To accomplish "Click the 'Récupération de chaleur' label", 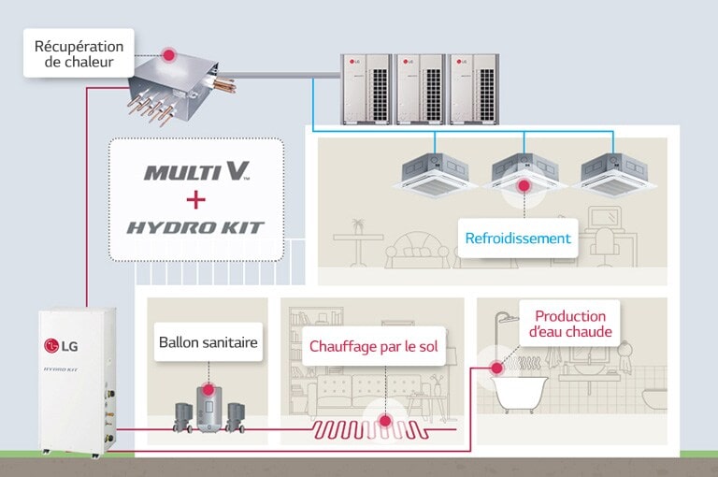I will tap(79, 53).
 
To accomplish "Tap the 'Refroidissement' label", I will tap(518, 238).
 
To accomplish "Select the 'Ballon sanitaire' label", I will tap(208, 342).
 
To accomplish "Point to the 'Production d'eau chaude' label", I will tap(570, 324).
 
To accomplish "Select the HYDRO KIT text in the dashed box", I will tap(195, 227).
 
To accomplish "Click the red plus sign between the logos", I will tap(195, 199).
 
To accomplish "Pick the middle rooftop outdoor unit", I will tap(420, 87).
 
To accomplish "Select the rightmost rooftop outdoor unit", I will tap(473, 87).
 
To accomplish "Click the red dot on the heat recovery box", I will tap(169, 56).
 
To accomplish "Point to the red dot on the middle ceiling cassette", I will tap(524, 186).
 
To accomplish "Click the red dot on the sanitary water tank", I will tap(208, 390).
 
